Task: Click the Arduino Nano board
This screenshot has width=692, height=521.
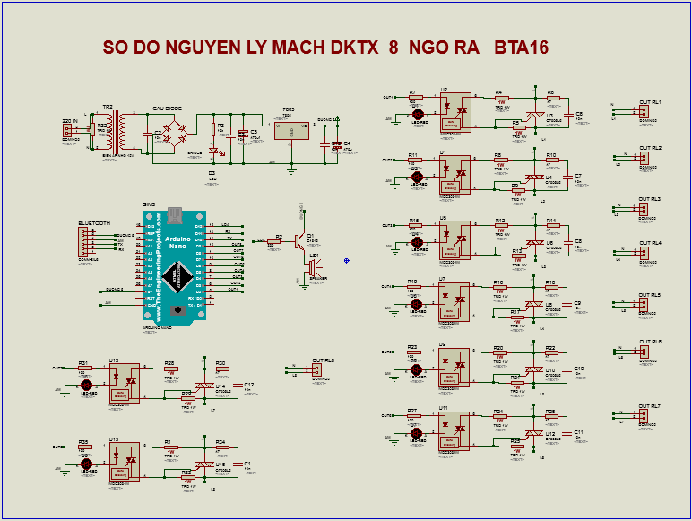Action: pos(175,265)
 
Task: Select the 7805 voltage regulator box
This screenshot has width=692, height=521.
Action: pos(290,130)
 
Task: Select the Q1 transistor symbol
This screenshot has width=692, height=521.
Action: pos(301,239)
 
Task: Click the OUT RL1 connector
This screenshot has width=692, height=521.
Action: pos(642,112)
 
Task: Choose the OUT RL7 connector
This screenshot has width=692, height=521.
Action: pos(642,416)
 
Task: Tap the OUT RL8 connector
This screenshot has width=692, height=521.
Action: pos(316,370)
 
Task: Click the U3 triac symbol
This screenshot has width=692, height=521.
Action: pos(537,117)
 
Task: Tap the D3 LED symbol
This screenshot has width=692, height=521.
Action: pos(212,153)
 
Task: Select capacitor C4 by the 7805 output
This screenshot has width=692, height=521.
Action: pos(335,143)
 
